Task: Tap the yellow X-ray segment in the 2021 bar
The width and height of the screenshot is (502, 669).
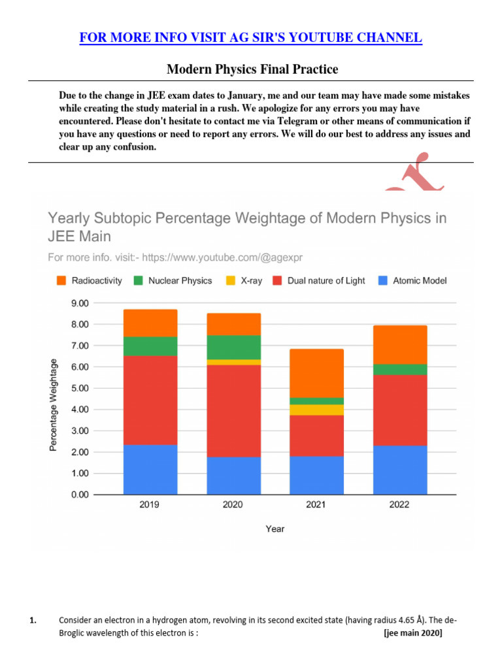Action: tap(316, 410)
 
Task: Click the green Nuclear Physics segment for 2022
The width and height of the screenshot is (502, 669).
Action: tap(400, 369)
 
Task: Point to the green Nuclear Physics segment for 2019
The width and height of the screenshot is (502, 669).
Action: tap(150, 346)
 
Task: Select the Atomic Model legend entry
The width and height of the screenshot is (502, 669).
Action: tap(412, 280)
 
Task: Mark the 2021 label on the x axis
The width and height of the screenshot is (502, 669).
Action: tap(316, 505)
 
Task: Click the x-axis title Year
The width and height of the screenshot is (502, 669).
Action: tap(275, 529)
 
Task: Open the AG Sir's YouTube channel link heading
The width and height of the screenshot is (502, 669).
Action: tap(251, 38)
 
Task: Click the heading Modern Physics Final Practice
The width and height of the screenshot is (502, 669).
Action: tap(252, 69)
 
